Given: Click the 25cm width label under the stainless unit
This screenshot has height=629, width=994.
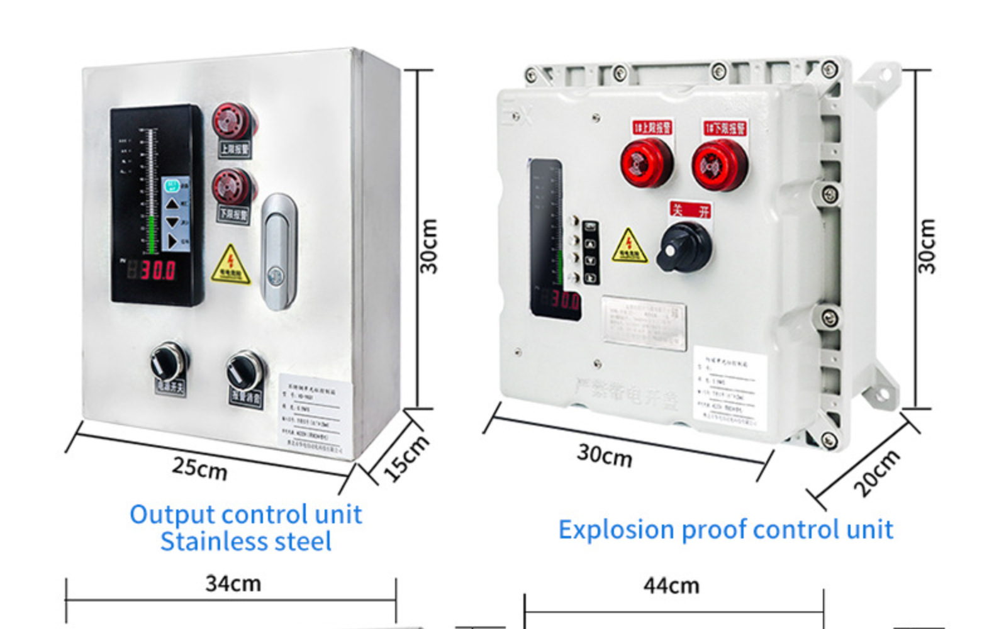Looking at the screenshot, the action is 199,469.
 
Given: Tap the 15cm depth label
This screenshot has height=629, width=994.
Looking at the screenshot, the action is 406,458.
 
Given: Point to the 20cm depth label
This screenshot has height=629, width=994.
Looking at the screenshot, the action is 876,472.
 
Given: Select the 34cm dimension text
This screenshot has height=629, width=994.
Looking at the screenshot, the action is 233,584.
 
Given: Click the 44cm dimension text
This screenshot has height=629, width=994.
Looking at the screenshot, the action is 671,586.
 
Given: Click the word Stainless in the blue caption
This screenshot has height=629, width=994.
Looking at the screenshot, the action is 208,542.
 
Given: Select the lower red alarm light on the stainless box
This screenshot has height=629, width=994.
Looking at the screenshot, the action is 232,186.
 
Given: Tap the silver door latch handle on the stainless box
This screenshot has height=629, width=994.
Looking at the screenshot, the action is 279,252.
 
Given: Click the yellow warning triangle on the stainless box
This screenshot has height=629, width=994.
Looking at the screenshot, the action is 231,265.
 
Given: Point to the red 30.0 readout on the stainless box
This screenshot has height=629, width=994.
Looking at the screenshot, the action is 157,270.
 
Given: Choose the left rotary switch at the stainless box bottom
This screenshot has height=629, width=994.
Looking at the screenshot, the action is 168,363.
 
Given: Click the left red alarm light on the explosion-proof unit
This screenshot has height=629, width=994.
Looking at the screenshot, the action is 646,163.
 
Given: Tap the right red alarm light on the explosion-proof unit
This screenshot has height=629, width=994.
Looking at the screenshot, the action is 718,165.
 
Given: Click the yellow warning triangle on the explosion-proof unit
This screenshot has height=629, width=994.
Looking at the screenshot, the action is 629,246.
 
